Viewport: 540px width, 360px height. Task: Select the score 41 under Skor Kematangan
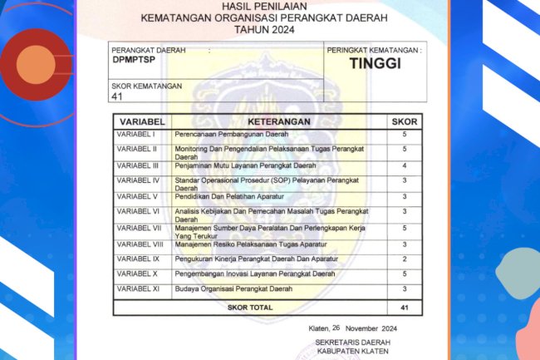(x=117, y=96)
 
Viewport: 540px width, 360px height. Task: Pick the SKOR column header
(x=405, y=121)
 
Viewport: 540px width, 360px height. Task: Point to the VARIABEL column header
(x=141, y=121)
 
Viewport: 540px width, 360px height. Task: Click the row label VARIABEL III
(x=137, y=165)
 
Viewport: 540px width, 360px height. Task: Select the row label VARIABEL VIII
(x=139, y=244)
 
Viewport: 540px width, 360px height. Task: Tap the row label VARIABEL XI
(x=136, y=288)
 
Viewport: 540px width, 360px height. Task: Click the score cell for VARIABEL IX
(x=405, y=259)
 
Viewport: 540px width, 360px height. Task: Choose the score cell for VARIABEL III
(x=405, y=165)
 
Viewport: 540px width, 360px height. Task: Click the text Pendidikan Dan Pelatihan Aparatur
(x=229, y=196)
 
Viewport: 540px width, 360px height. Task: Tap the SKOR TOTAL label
(x=250, y=308)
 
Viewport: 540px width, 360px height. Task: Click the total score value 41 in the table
(x=405, y=308)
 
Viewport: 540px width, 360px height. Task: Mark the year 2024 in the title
(x=281, y=28)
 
